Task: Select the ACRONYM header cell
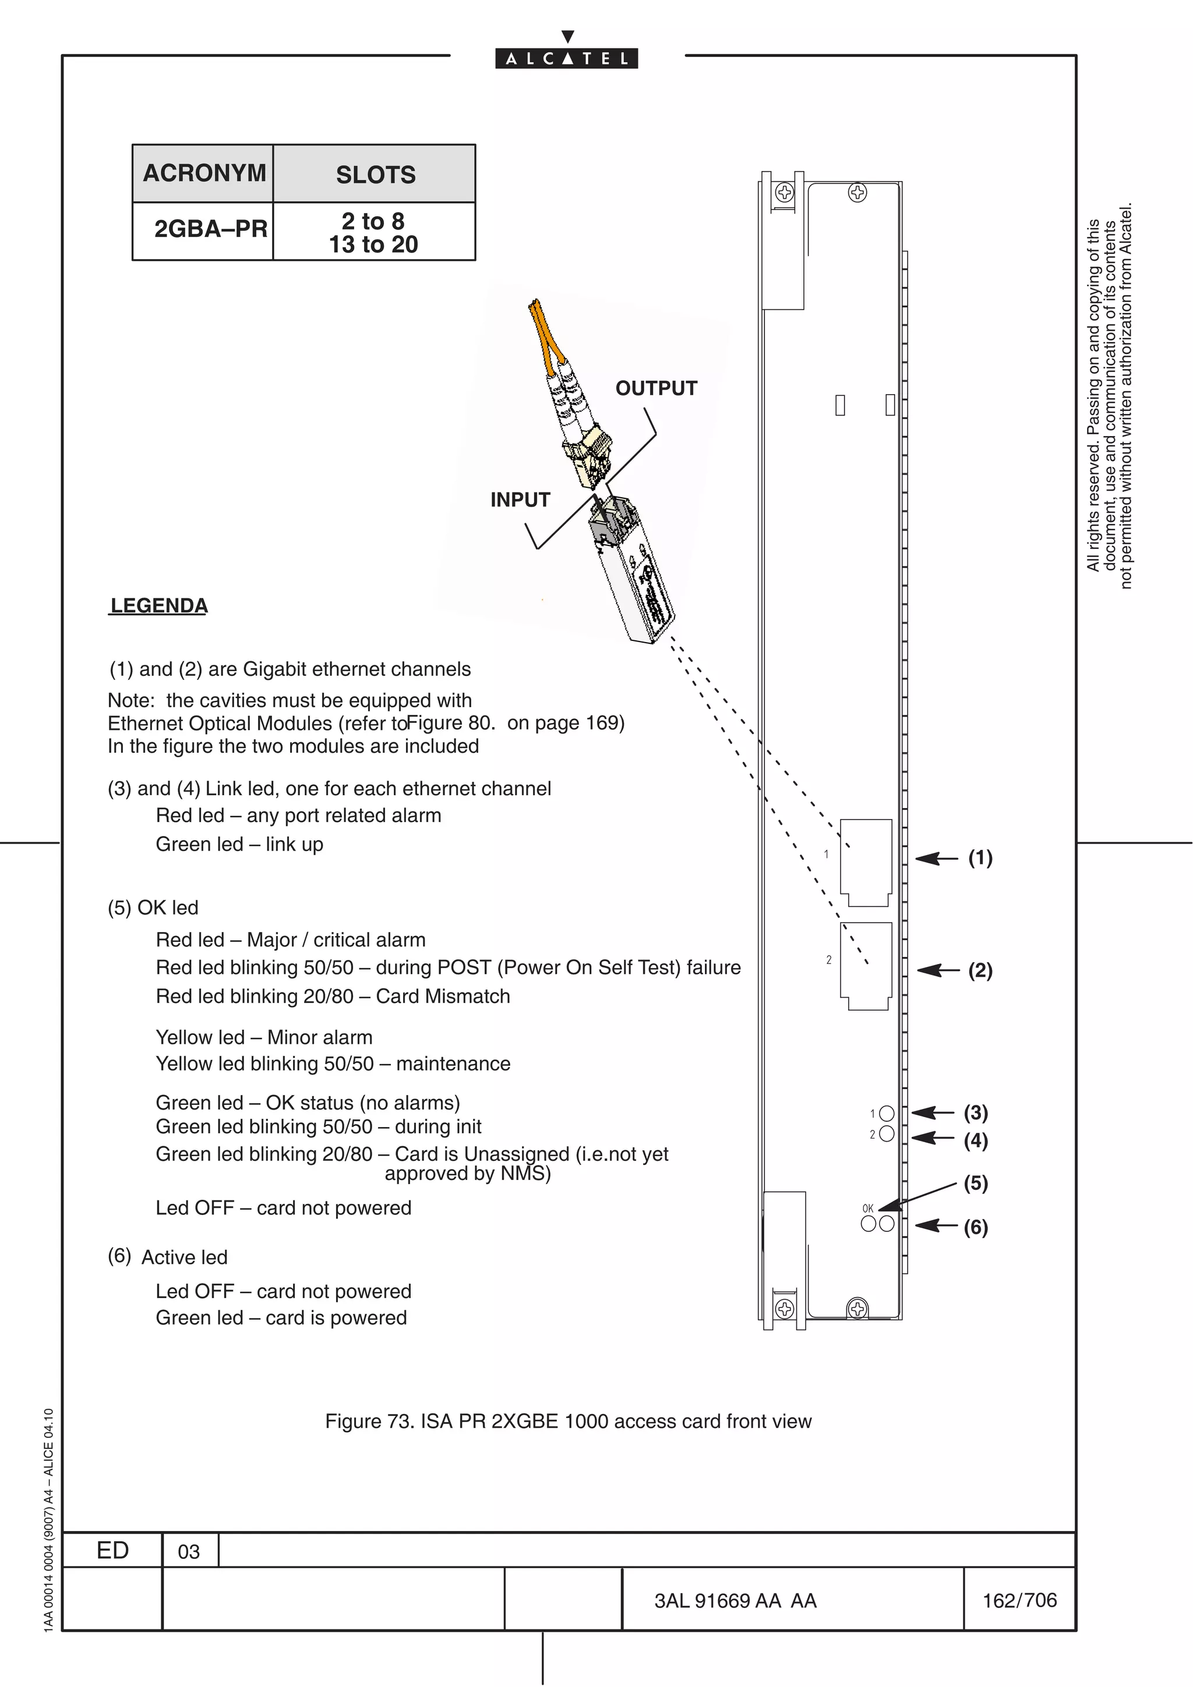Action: pos(204,173)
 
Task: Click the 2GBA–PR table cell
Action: pos(210,229)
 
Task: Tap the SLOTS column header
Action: pos(375,175)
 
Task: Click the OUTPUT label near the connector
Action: pos(656,389)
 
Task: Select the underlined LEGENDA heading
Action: pos(159,605)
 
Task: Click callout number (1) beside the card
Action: pos(980,857)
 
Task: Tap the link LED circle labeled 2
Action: pos(887,1134)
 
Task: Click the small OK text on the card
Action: pos(867,1208)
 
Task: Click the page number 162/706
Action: pos(1019,1600)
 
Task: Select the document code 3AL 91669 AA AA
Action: pos(735,1601)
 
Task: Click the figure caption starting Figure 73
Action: pos(567,1422)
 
